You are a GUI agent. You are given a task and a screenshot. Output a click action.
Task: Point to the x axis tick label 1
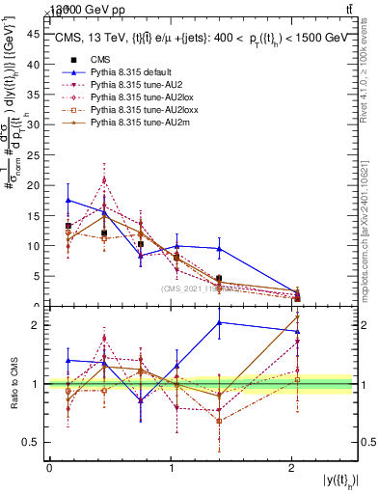point(171,468)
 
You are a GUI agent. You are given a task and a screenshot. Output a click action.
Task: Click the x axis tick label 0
point(49,468)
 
